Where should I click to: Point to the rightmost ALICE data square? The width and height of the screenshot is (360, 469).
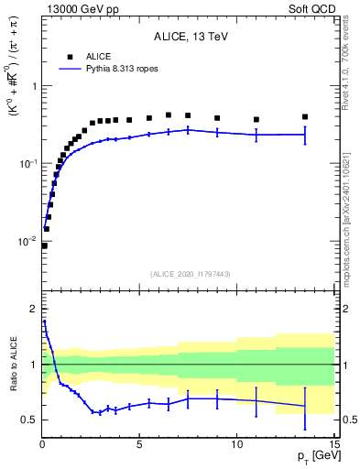pos(305,117)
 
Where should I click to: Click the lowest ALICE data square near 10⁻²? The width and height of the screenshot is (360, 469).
pos(44,245)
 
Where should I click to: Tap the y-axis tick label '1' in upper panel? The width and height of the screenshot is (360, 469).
pos(34,86)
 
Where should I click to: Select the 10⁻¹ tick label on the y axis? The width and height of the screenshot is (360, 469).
pos(28,163)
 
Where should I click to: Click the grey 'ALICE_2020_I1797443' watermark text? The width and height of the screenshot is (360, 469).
pos(189,274)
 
